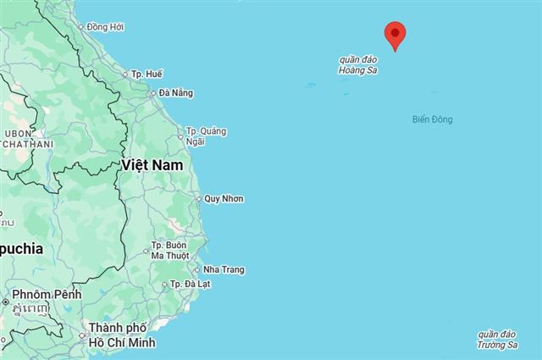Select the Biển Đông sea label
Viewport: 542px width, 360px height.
[432, 119]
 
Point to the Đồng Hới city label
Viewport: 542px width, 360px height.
[105, 27]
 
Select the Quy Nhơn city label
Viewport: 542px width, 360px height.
[224, 199]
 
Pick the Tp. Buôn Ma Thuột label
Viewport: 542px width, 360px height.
[169, 251]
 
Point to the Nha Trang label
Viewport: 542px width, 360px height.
[224, 270]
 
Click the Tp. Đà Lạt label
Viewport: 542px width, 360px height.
[190, 285]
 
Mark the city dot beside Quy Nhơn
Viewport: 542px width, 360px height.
[198, 200]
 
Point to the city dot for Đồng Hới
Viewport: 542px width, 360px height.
[81, 27]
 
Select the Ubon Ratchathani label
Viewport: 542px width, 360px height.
[26, 139]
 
